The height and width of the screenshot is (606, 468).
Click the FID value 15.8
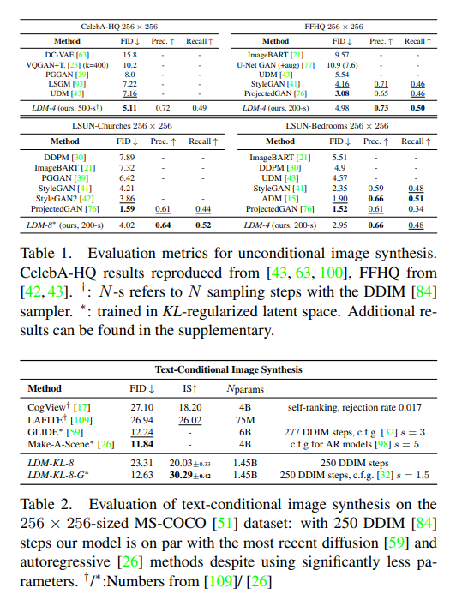[129, 53]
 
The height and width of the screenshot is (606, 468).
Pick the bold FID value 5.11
[129, 108]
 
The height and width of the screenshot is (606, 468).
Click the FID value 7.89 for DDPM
[127, 157]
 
